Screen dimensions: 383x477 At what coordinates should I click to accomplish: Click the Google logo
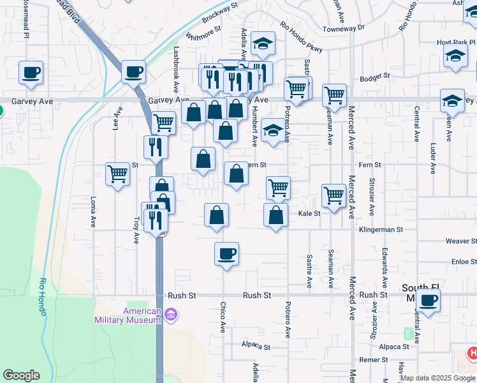21,375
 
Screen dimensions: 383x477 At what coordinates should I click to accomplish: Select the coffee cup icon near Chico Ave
226,255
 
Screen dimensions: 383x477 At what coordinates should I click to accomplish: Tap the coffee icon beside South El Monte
429,300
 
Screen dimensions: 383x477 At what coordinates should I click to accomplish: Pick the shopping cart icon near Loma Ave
118,173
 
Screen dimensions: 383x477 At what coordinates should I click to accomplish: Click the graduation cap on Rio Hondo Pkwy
263,44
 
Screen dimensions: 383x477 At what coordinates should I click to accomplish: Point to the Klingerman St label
381,229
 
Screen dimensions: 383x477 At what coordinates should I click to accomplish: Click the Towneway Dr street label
343,28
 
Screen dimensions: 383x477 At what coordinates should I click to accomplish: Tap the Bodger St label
374,76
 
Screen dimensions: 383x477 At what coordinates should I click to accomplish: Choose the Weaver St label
461,241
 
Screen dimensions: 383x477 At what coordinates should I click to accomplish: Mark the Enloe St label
464,262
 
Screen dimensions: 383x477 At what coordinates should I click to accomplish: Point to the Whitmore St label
203,33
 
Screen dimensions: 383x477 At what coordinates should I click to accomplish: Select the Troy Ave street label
136,229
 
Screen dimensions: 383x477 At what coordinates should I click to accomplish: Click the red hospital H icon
473,352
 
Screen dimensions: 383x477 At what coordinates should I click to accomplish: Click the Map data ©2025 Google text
437,378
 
